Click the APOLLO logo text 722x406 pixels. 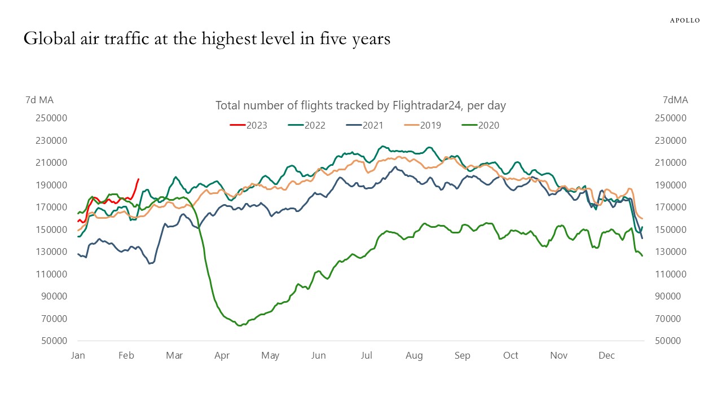[x=685, y=20]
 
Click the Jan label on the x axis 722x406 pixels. [x=78, y=356]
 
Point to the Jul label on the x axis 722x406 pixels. [x=367, y=356]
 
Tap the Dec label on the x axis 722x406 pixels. [x=606, y=356]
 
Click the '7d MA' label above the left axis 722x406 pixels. [x=39, y=100]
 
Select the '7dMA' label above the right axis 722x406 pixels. [x=675, y=100]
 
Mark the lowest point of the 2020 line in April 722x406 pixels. [x=239, y=325]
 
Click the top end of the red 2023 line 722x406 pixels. [x=138, y=179]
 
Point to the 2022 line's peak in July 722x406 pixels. [x=383, y=146]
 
